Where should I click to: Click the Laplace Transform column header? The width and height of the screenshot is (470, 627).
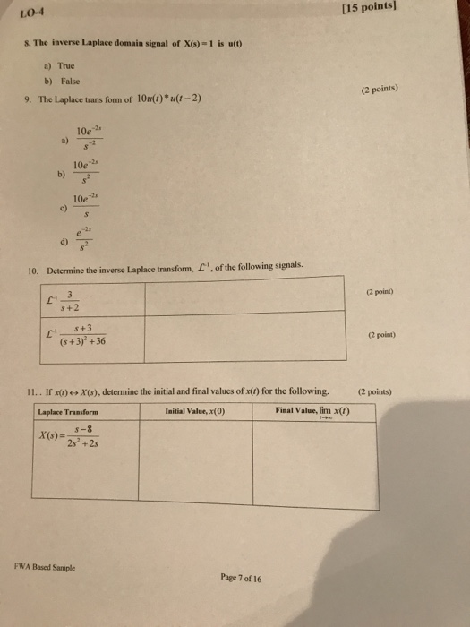(x=68, y=411)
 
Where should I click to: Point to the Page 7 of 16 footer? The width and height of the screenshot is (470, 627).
(x=241, y=578)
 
